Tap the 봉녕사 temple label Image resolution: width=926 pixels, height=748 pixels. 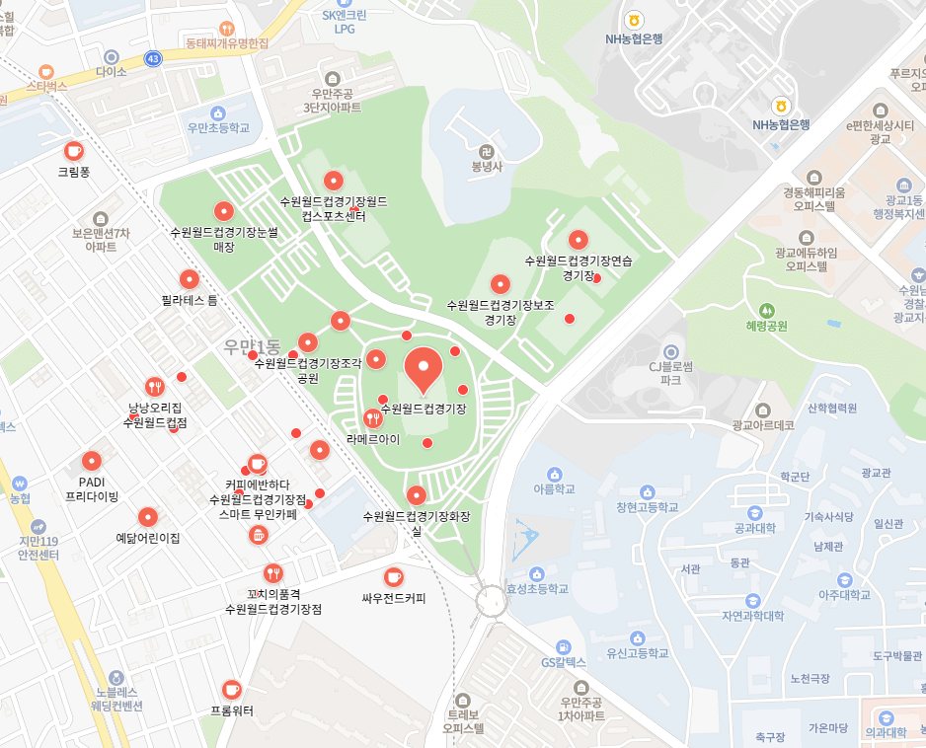tap(486, 167)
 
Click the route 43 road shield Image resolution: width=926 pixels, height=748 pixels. tap(152, 59)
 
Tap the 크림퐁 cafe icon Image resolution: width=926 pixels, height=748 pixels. tap(73, 150)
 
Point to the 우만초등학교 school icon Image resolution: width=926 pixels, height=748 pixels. tap(218, 112)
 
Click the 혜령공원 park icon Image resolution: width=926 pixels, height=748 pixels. tap(767, 310)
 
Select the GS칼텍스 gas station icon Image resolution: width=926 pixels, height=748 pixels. tap(563, 645)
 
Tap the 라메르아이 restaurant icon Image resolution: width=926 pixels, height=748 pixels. tap(372, 418)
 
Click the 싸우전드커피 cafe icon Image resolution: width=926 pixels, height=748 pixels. tap(393, 576)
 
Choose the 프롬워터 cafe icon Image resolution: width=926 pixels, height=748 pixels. tap(231, 689)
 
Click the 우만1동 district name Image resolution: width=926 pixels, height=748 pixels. tap(252, 346)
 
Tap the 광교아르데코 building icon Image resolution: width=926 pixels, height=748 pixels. tap(762, 410)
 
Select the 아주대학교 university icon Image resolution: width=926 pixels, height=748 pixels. tap(844, 579)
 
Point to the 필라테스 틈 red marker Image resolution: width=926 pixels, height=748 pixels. tap(189, 279)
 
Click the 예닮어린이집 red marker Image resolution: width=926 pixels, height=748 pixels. tap(147, 517)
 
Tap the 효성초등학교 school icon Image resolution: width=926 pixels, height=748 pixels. tap(537, 573)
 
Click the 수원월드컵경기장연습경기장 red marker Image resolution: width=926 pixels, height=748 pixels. tap(579, 240)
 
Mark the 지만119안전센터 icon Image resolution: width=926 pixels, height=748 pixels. tap(39, 527)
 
